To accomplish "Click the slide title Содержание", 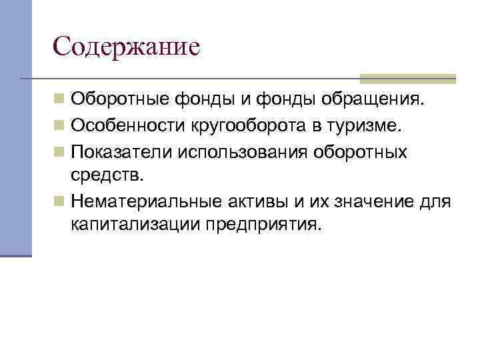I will (x=126, y=47).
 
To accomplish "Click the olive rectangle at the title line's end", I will (x=408, y=78).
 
